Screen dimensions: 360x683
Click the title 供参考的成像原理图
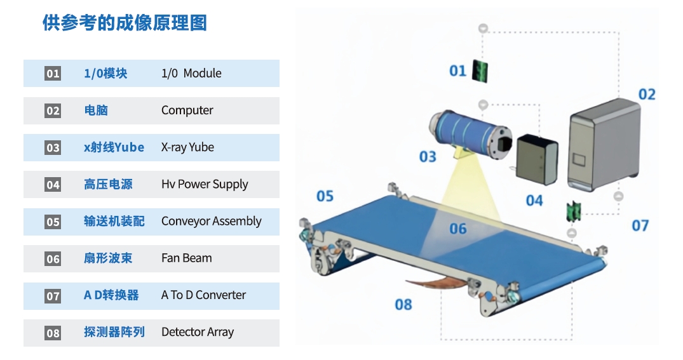(125, 23)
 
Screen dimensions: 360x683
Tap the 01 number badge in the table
(53, 74)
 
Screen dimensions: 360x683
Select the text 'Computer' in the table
(187, 110)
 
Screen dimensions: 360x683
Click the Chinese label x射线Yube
(114, 147)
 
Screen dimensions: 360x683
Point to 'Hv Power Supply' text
(205, 184)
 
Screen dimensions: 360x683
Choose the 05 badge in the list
(53, 222)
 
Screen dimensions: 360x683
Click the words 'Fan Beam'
(186, 258)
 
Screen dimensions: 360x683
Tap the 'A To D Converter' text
(203, 295)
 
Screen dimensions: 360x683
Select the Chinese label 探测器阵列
(114, 331)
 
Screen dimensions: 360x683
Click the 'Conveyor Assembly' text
(211, 221)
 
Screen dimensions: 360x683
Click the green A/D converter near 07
(574, 211)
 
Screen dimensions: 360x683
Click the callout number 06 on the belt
(457, 229)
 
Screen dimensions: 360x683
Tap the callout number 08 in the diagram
(403, 305)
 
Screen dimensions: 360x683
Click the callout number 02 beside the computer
(646, 95)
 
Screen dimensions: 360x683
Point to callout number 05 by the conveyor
(325, 196)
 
